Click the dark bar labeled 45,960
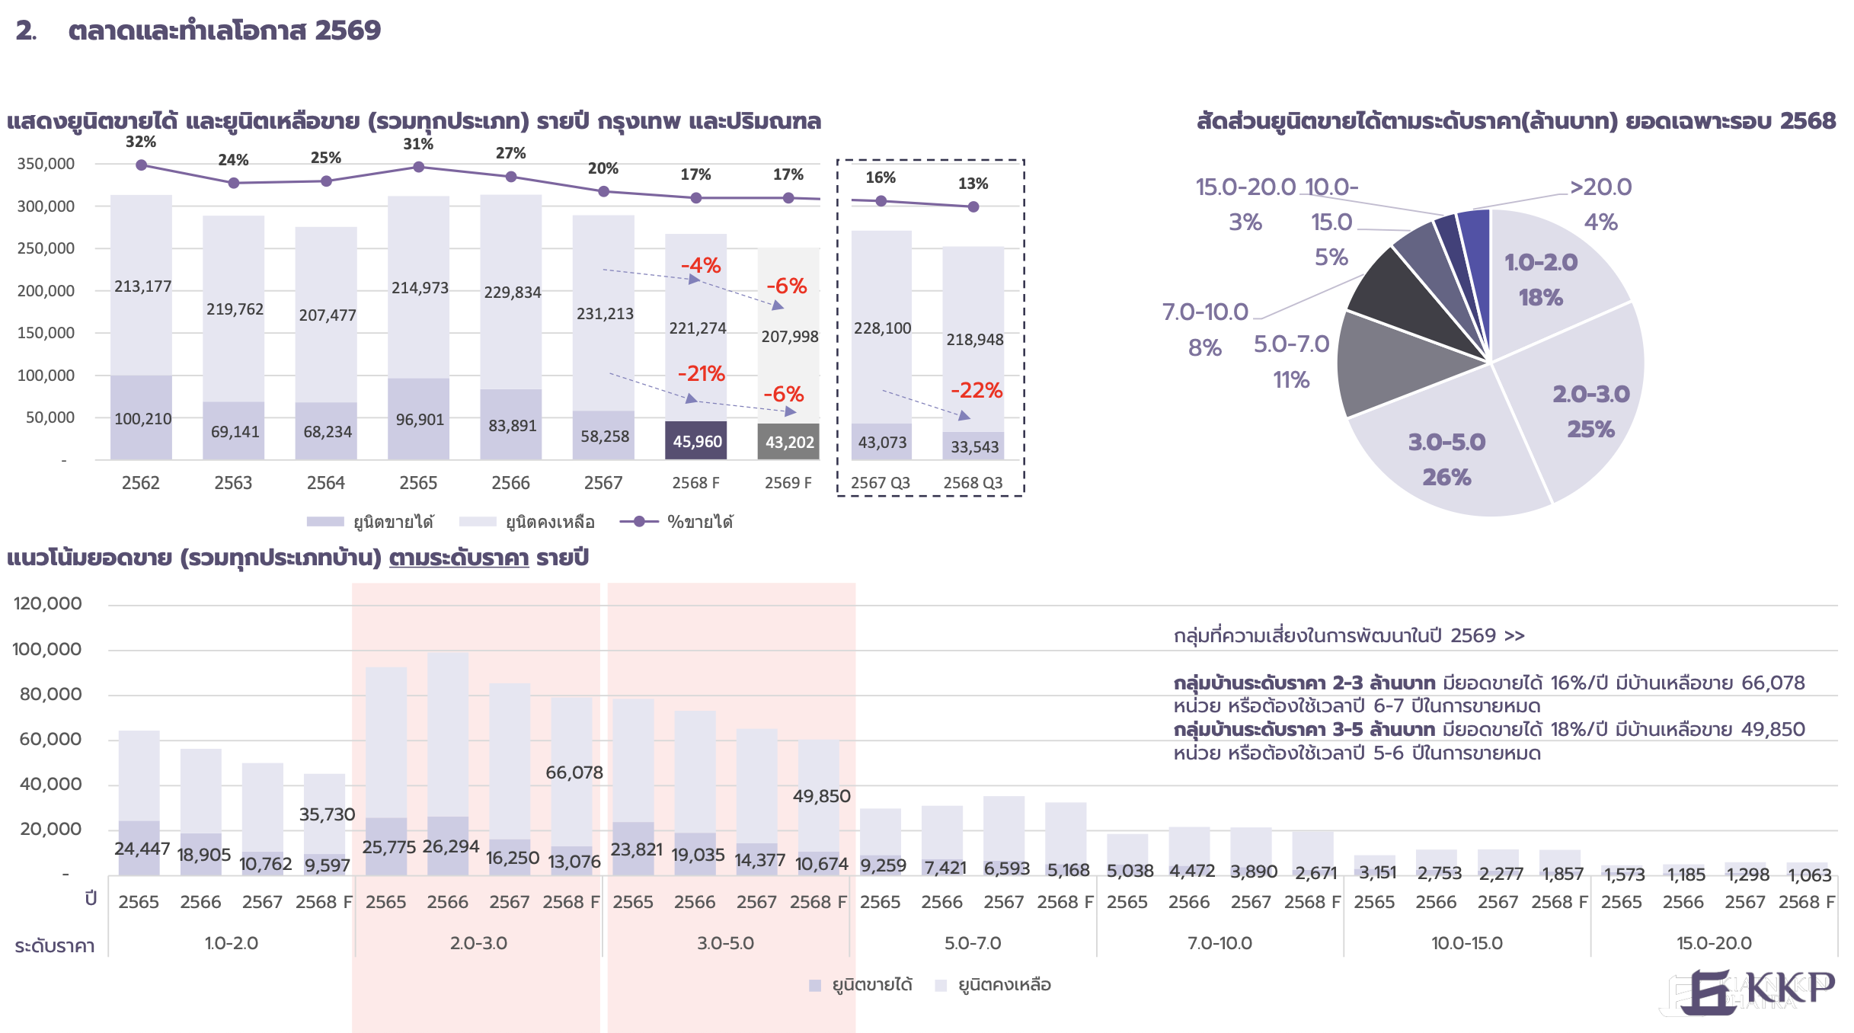696,441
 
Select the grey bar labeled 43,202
788,442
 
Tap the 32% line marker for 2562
141,165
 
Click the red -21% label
701,374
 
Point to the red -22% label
976,391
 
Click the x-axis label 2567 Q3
881,483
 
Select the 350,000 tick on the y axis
46,164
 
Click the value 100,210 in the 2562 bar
142,419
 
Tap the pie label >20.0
1600,187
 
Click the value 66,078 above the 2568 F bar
574,772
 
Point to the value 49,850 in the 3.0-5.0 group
821,796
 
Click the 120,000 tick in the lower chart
47,604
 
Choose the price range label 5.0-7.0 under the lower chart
973,943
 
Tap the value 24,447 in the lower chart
142,849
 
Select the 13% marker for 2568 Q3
973,206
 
